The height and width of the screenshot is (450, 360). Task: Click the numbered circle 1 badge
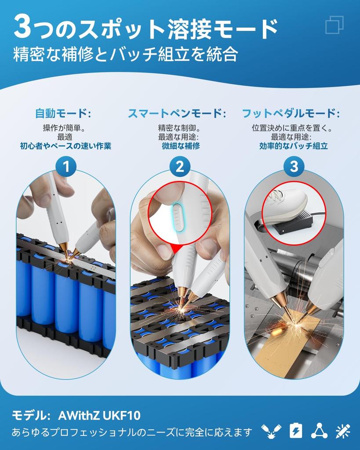(66, 167)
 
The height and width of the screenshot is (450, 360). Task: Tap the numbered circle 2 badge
(180, 167)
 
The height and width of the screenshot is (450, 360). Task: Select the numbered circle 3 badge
(294, 167)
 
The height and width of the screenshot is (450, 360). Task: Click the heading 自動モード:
(63, 113)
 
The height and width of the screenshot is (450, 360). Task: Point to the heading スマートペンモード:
(177, 113)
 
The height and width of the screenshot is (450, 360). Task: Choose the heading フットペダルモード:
(291, 113)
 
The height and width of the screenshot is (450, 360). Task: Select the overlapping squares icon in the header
(335, 25)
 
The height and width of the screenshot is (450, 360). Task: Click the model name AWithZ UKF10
(99, 416)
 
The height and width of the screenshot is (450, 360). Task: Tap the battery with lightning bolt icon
(295, 431)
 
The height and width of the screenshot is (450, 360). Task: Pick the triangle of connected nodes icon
(319, 431)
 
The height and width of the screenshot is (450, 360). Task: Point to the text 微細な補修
(181, 146)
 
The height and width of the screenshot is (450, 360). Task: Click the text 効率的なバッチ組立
(293, 146)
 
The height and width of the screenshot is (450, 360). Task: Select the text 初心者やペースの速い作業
(65, 146)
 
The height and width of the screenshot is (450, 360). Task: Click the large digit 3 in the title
(22, 28)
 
